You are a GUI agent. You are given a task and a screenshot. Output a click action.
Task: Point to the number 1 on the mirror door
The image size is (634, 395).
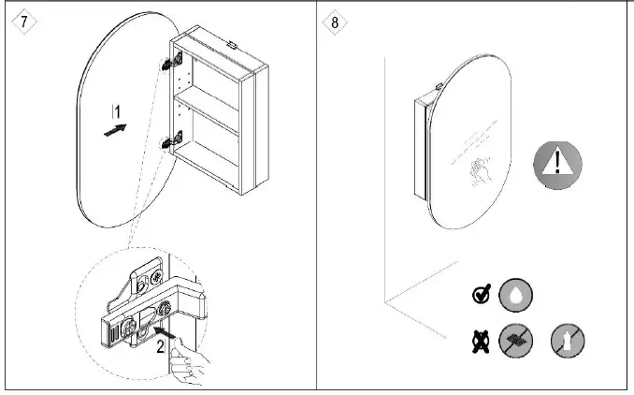point(115,111)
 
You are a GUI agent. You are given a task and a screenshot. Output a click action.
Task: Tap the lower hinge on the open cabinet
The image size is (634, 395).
point(171,143)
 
